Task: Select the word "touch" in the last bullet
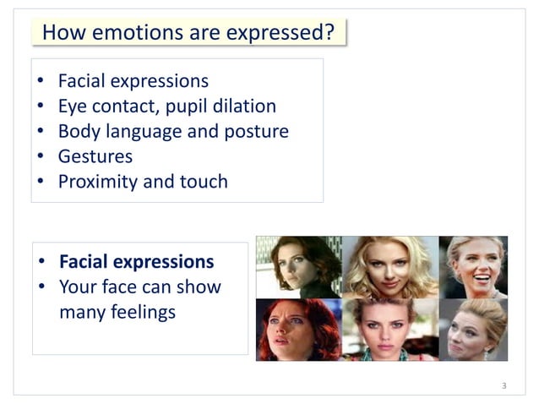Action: pyautogui.click(x=203, y=181)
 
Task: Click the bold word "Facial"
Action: pyautogui.click(x=89, y=261)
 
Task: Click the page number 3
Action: pyautogui.click(x=504, y=386)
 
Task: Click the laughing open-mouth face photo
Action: pyautogui.click(x=473, y=267)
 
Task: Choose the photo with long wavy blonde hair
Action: pyautogui.click(x=389, y=267)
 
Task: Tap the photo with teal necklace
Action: pyautogui.click(x=389, y=330)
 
